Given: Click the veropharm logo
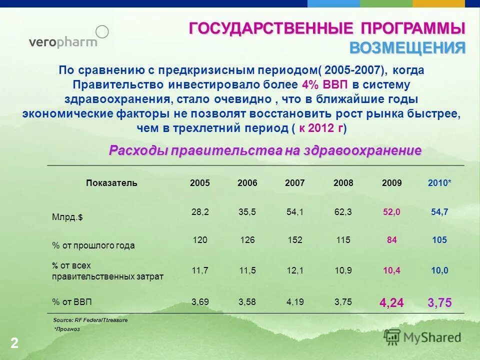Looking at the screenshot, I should click(x=68, y=38).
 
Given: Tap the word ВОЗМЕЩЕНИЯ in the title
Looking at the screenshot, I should click(x=407, y=48).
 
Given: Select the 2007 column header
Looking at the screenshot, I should click(x=295, y=183).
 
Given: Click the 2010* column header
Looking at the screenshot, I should click(x=439, y=183).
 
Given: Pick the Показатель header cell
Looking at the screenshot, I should click(x=111, y=183).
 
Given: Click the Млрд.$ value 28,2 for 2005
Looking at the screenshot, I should click(x=200, y=212).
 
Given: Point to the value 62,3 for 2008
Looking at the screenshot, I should click(x=343, y=212).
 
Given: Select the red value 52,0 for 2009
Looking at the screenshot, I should click(x=391, y=212).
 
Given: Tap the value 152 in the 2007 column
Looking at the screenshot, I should click(x=295, y=240).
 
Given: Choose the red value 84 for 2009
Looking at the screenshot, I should click(x=391, y=240).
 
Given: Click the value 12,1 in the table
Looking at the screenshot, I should click(x=295, y=270).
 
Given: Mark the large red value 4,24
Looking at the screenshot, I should click(x=391, y=302).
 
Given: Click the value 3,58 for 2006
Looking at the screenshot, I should click(x=247, y=301).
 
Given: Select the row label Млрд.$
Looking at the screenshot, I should click(x=67, y=217).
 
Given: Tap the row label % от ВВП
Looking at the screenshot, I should click(x=72, y=302).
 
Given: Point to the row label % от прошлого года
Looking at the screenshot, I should click(x=93, y=245).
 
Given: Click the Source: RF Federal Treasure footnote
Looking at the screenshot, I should click(x=90, y=319).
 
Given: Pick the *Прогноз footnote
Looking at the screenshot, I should click(x=66, y=329).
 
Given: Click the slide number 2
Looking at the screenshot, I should click(x=14, y=343).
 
